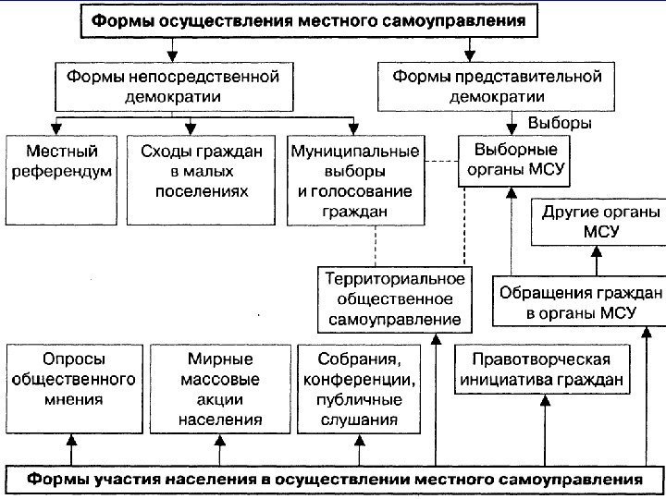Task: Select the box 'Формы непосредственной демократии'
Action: pyautogui.click(x=172, y=86)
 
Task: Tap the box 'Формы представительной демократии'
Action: pyautogui.click(x=497, y=86)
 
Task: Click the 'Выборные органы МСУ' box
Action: pyautogui.click(x=515, y=160)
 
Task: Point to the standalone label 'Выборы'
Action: pyautogui.click(x=560, y=123)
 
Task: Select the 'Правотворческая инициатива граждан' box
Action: pyautogui.click(x=540, y=369)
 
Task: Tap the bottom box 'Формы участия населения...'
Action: pyautogui.click(x=333, y=480)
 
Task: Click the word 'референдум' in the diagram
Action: pyautogui.click(x=62, y=171)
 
